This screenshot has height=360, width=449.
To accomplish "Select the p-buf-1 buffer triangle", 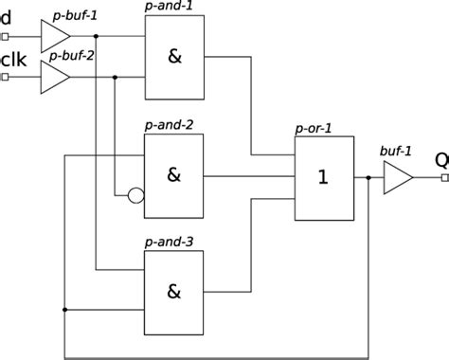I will pyautogui.click(x=54, y=37).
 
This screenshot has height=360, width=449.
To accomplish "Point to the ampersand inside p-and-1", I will pyautogui.click(x=173, y=57).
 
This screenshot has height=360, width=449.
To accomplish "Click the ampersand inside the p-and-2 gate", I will pyautogui.click(x=173, y=175).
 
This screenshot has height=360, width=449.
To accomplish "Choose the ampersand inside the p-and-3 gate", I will pyautogui.click(x=173, y=292).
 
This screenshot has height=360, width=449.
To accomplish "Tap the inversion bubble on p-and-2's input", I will pyautogui.click(x=135, y=197).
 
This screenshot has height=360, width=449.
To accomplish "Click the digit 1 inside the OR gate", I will pyautogui.click(x=323, y=176).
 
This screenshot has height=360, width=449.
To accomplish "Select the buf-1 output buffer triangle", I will pyautogui.click(x=396, y=176).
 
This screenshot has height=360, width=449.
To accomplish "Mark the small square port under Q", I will pyautogui.click(x=444, y=176).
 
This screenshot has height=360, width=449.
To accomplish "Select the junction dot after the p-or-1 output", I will pyautogui.click(x=368, y=176).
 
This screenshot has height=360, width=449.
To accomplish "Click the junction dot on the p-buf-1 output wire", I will pyautogui.click(x=96, y=37).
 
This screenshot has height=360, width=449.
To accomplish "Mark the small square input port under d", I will pyautogui.click(x=5, y=37).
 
